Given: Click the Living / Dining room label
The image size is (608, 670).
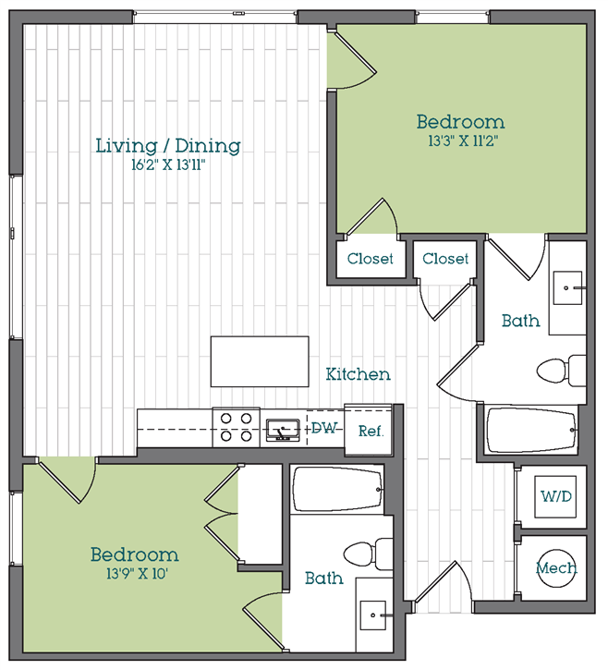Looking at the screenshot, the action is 168,146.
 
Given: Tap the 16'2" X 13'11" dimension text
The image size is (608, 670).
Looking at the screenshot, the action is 168,164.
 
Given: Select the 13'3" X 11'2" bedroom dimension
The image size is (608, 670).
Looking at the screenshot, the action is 463,140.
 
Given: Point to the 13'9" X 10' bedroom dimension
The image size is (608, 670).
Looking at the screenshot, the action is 137,573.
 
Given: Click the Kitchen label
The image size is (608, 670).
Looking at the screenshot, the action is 358,374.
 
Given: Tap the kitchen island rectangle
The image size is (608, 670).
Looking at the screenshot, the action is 260,361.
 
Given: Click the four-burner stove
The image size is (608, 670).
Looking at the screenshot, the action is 236,427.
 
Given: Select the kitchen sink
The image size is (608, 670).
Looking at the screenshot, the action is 283,430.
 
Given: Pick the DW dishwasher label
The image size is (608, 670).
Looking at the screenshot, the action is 324,428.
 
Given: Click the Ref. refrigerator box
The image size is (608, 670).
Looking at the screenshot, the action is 369,430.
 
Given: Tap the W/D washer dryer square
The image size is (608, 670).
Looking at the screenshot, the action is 555,496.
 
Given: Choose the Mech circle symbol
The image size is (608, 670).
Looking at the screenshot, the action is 557,567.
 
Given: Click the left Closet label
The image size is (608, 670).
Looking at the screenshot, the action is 370,259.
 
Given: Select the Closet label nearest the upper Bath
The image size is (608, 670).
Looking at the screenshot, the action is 445,259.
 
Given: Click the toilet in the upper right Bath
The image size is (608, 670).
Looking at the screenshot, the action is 562,371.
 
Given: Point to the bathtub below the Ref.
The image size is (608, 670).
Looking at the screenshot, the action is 337,490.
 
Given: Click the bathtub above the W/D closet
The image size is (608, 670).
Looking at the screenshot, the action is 532,431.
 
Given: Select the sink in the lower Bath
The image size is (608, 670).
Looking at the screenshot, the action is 372,615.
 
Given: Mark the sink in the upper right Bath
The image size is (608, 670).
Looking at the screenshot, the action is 567,288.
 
